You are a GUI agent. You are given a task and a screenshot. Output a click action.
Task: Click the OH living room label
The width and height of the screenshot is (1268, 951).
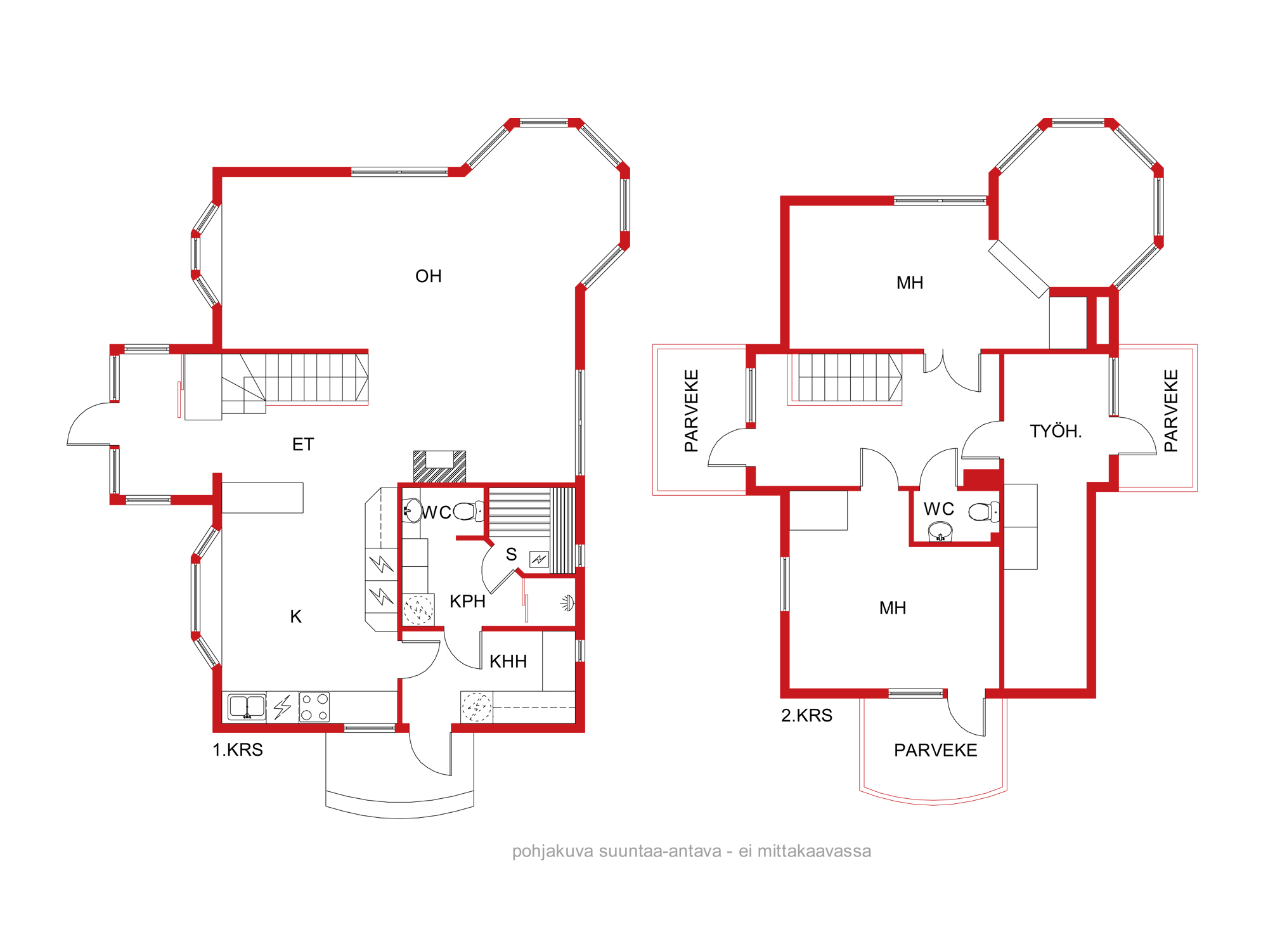coord(429,276)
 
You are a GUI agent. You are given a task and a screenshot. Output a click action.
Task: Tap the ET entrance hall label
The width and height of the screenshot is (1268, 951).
coord(303,444)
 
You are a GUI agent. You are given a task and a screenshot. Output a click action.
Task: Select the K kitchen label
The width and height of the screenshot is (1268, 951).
coord(296,616)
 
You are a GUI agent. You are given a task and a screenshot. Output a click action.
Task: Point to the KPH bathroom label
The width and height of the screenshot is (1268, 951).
coord(468,601)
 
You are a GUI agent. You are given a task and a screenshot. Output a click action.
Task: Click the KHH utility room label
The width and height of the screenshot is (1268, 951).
coord(508,661)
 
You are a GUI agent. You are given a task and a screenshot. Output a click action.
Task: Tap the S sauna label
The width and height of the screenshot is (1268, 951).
coord(512,555)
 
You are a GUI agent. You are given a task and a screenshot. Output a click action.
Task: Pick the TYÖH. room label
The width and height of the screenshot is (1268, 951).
coord(1056,431)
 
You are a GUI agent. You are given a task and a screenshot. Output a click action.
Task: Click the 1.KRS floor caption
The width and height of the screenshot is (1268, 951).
coord(238,749)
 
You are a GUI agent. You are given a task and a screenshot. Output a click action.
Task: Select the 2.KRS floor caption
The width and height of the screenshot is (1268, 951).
coord(806,715)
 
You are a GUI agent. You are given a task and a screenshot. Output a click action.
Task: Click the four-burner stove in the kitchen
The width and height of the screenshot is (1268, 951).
coord(314,707)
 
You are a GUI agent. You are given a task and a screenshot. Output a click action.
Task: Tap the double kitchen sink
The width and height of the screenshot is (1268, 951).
coord(247,706)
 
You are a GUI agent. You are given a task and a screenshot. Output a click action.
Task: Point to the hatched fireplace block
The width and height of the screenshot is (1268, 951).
coord(439,467)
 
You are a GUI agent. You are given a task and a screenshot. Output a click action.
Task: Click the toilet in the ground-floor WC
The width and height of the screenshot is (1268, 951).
coord(469,511)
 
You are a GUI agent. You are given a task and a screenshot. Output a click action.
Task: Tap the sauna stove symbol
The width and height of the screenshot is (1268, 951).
coord(539,559)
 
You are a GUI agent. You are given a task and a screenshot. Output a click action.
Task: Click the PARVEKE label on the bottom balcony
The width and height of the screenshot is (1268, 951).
coord(936,750)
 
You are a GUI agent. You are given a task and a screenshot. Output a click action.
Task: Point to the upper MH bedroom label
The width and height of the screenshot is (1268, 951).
coord(910,283)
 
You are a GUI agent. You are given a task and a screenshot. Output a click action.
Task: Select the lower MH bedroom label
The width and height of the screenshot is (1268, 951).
coord(893,608)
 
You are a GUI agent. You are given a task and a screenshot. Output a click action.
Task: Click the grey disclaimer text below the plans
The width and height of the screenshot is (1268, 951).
coord(692,851)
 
